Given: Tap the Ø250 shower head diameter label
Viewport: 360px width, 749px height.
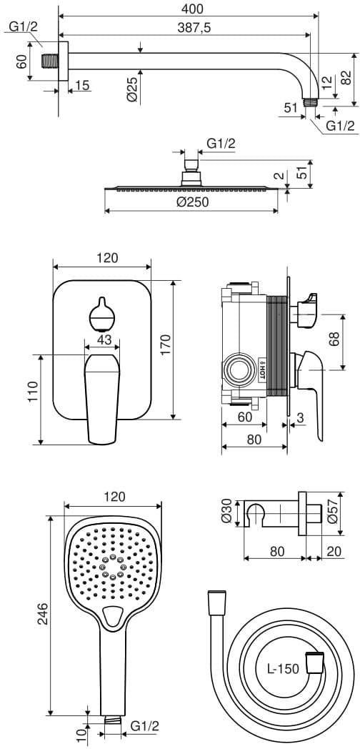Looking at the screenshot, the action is (191, 202).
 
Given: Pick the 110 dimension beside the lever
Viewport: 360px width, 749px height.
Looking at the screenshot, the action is (32, 392).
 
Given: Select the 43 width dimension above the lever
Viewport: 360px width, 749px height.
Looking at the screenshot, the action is (104, 339).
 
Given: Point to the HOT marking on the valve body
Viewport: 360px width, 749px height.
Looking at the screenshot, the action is (261, 369).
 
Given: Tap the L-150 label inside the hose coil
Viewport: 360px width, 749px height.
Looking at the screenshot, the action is (283, 668).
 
